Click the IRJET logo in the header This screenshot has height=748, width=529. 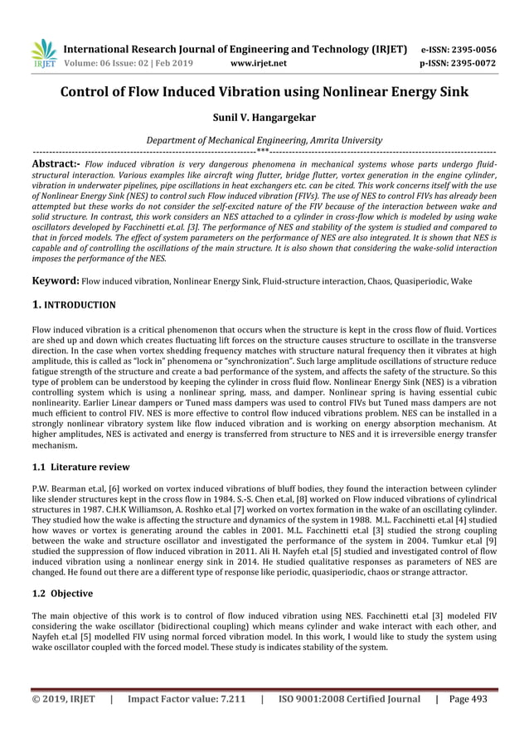[x=43, y=53]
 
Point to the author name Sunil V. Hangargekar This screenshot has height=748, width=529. [x=264, y=119]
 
